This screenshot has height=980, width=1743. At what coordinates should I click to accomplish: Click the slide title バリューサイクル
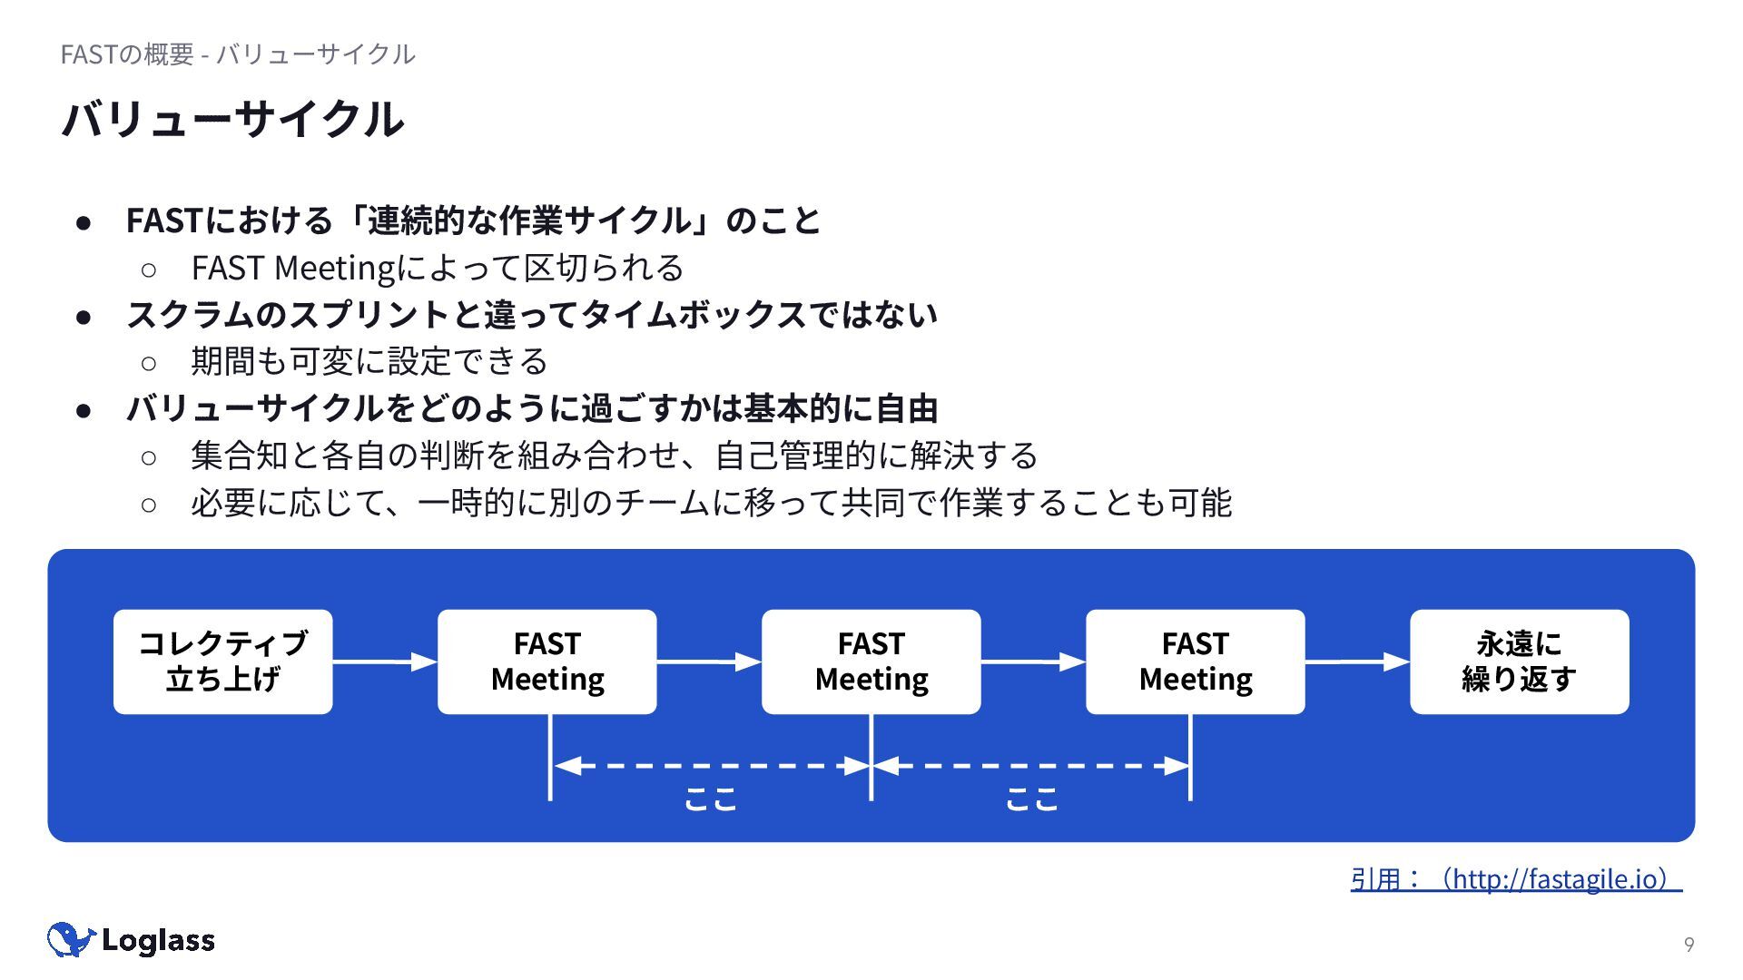point(232,120)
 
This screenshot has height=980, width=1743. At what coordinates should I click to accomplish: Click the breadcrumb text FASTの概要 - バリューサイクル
point(238,54)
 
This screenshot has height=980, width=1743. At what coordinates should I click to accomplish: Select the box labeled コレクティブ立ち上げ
point(222,661)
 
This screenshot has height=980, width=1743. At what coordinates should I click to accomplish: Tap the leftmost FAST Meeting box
point(547,661)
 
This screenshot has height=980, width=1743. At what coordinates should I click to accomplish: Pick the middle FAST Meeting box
point(871,661)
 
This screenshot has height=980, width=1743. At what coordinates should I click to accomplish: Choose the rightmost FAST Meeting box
point(1195,661)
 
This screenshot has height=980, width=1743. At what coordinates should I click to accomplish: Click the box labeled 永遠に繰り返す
point(1519,661)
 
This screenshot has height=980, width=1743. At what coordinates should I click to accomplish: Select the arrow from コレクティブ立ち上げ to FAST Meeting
point(385,662)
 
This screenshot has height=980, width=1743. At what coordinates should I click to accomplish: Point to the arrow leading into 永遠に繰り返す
point(1357,662)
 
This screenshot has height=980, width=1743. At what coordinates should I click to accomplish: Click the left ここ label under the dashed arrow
point(710,799)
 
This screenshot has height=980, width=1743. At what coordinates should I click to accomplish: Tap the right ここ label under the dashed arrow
point(1032,799)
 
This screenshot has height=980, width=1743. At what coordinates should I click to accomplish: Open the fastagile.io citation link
point(1516,878)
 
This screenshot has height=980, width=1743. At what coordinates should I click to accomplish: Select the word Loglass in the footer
point(158,941)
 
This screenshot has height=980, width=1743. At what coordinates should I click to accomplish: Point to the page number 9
point(1689,945)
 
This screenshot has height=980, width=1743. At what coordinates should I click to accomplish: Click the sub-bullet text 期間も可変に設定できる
point(369,361)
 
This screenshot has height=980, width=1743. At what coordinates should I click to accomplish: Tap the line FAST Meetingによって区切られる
point(438,268)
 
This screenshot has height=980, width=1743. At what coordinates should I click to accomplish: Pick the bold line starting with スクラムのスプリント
point(532,315)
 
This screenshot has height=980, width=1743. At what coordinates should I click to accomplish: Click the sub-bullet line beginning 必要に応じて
point(711,503)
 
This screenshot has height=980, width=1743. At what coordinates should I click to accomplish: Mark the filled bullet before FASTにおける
point(84,222)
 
